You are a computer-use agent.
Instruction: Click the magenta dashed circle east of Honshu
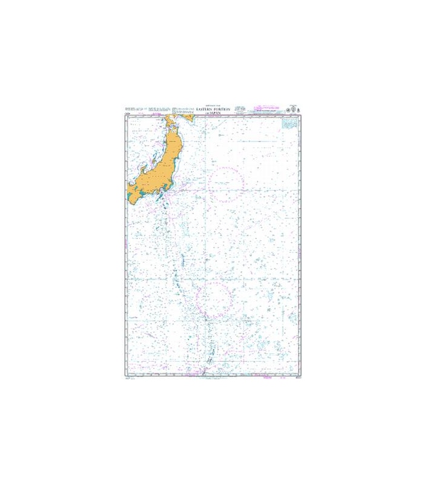(228, 184)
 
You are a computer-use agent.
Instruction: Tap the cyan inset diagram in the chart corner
(288, 122)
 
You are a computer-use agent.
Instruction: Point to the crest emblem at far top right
(297, 110)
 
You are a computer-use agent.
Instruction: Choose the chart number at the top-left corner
(128, 113)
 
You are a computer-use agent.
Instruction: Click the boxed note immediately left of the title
(182, 110)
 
